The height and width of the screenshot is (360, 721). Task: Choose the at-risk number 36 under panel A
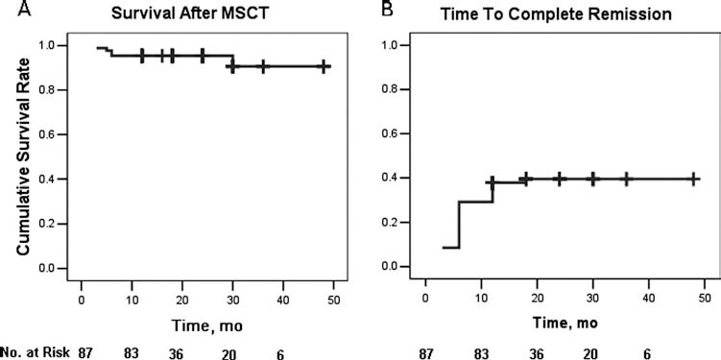[187, 352]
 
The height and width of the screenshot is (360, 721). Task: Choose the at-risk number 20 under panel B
[605, 352]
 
